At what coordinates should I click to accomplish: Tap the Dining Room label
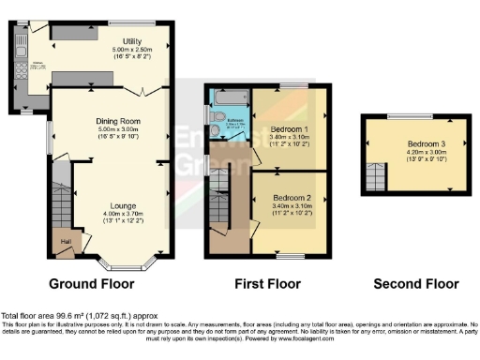[117, 121]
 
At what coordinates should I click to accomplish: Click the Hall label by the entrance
[66, 241]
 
